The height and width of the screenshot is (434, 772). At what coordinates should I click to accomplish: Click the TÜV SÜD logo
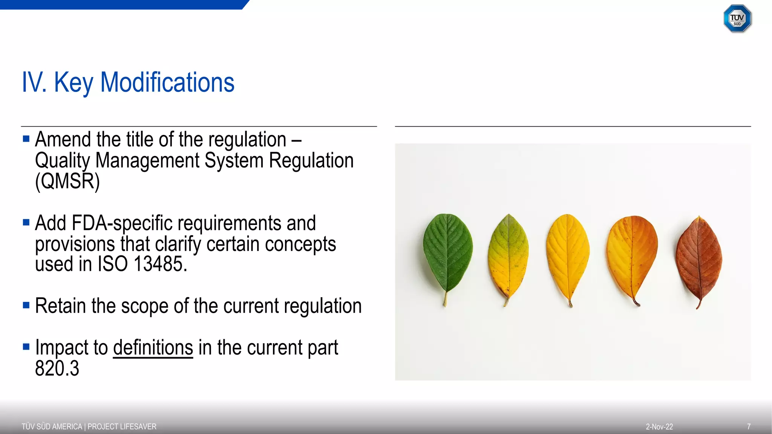click(737, 18)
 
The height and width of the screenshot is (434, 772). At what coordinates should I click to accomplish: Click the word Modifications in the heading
click(167, 82)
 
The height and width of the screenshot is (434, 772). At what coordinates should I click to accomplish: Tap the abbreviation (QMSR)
click(67, 181)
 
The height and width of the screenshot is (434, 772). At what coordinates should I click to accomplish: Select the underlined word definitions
click(153, 347)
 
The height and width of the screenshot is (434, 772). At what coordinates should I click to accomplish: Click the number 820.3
click(57, 368)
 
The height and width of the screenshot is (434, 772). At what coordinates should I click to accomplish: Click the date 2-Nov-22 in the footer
click(659, 427)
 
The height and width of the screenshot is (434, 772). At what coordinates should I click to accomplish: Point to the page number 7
click(749, 426)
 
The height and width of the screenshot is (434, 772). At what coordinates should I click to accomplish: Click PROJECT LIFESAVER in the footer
click(122, 426)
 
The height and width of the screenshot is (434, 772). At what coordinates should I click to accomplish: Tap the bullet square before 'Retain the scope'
click(26, 305)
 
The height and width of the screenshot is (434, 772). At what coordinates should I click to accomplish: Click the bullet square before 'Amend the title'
click(26, 139)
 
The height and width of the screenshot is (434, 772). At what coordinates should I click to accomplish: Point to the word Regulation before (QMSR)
click(311, 160)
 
